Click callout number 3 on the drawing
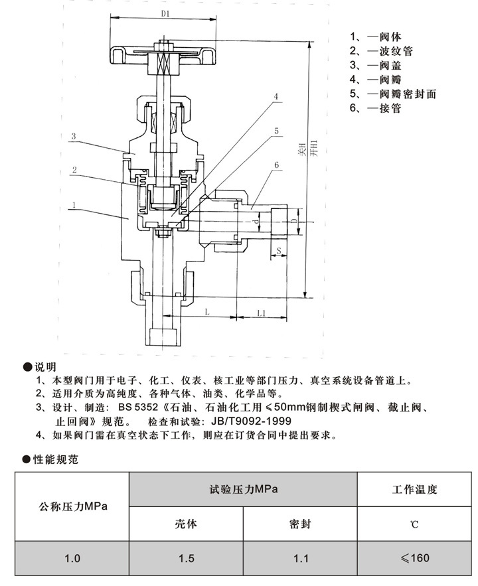[x=75, y=136]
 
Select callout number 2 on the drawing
[x=75, y=170]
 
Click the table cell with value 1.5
[x=187, y=558]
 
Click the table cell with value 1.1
[x=300, y=558]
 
